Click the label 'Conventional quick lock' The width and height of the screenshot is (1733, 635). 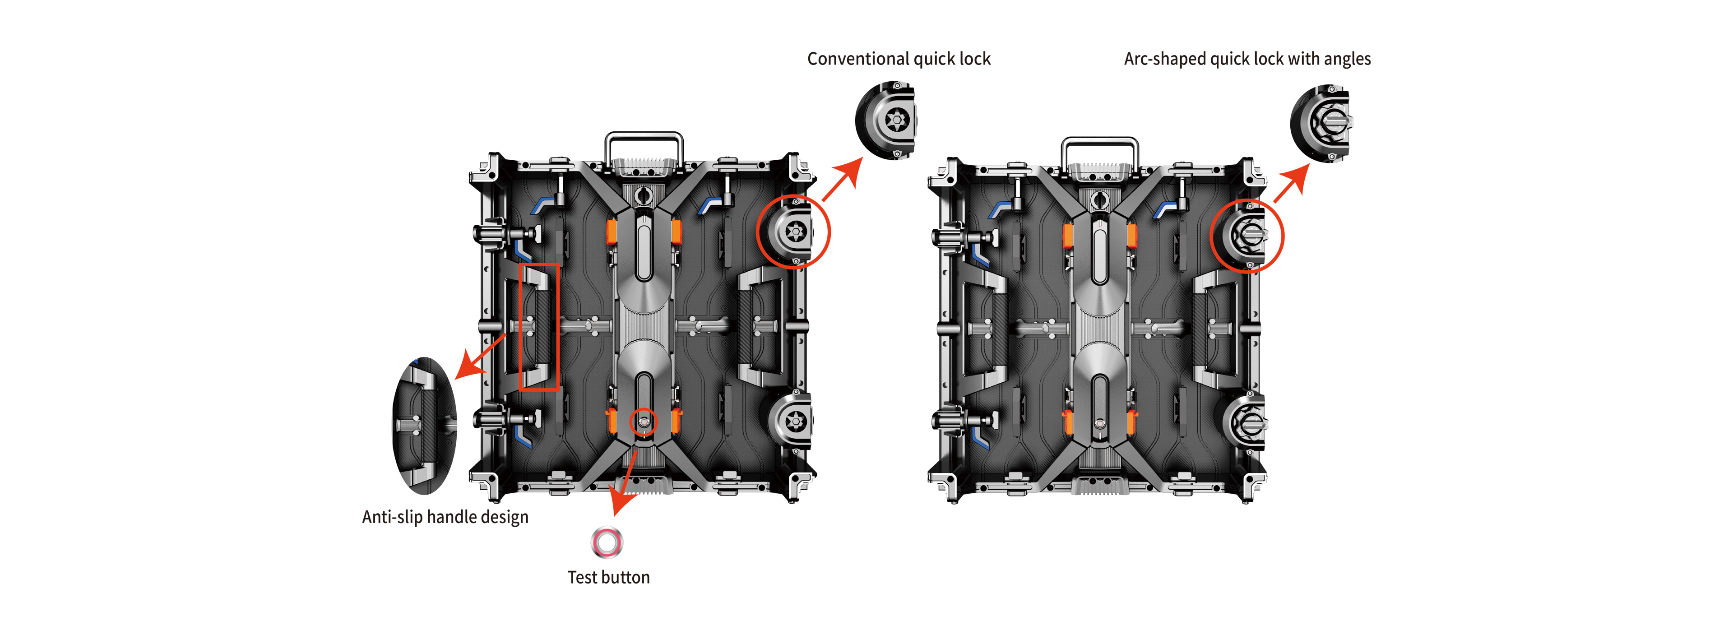pos(899,59)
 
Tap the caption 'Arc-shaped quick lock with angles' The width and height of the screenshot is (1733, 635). pos(1247,59)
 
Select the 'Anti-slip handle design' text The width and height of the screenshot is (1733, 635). pos(445,517)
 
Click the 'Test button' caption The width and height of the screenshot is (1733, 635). pos(609,577)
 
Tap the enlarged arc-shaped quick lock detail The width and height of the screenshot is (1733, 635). pos(1320,123)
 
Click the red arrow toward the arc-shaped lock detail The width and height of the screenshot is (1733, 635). pos(1292,182)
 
